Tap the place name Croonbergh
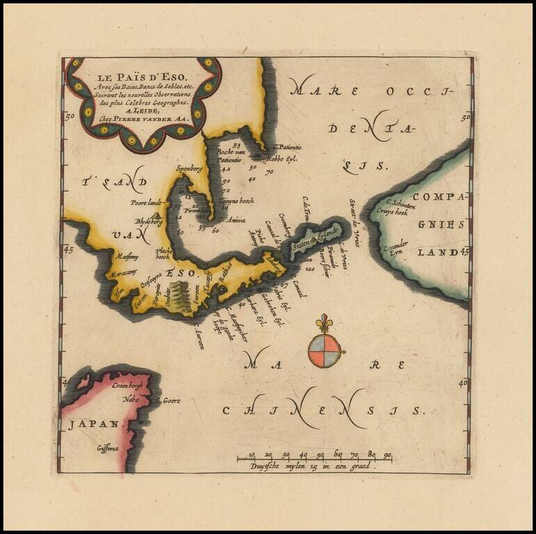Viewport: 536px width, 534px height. point(127,385)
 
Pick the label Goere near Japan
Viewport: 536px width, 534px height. point(171,401)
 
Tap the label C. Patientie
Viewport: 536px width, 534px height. point(286,147)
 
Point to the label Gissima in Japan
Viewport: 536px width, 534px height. point(108,448)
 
